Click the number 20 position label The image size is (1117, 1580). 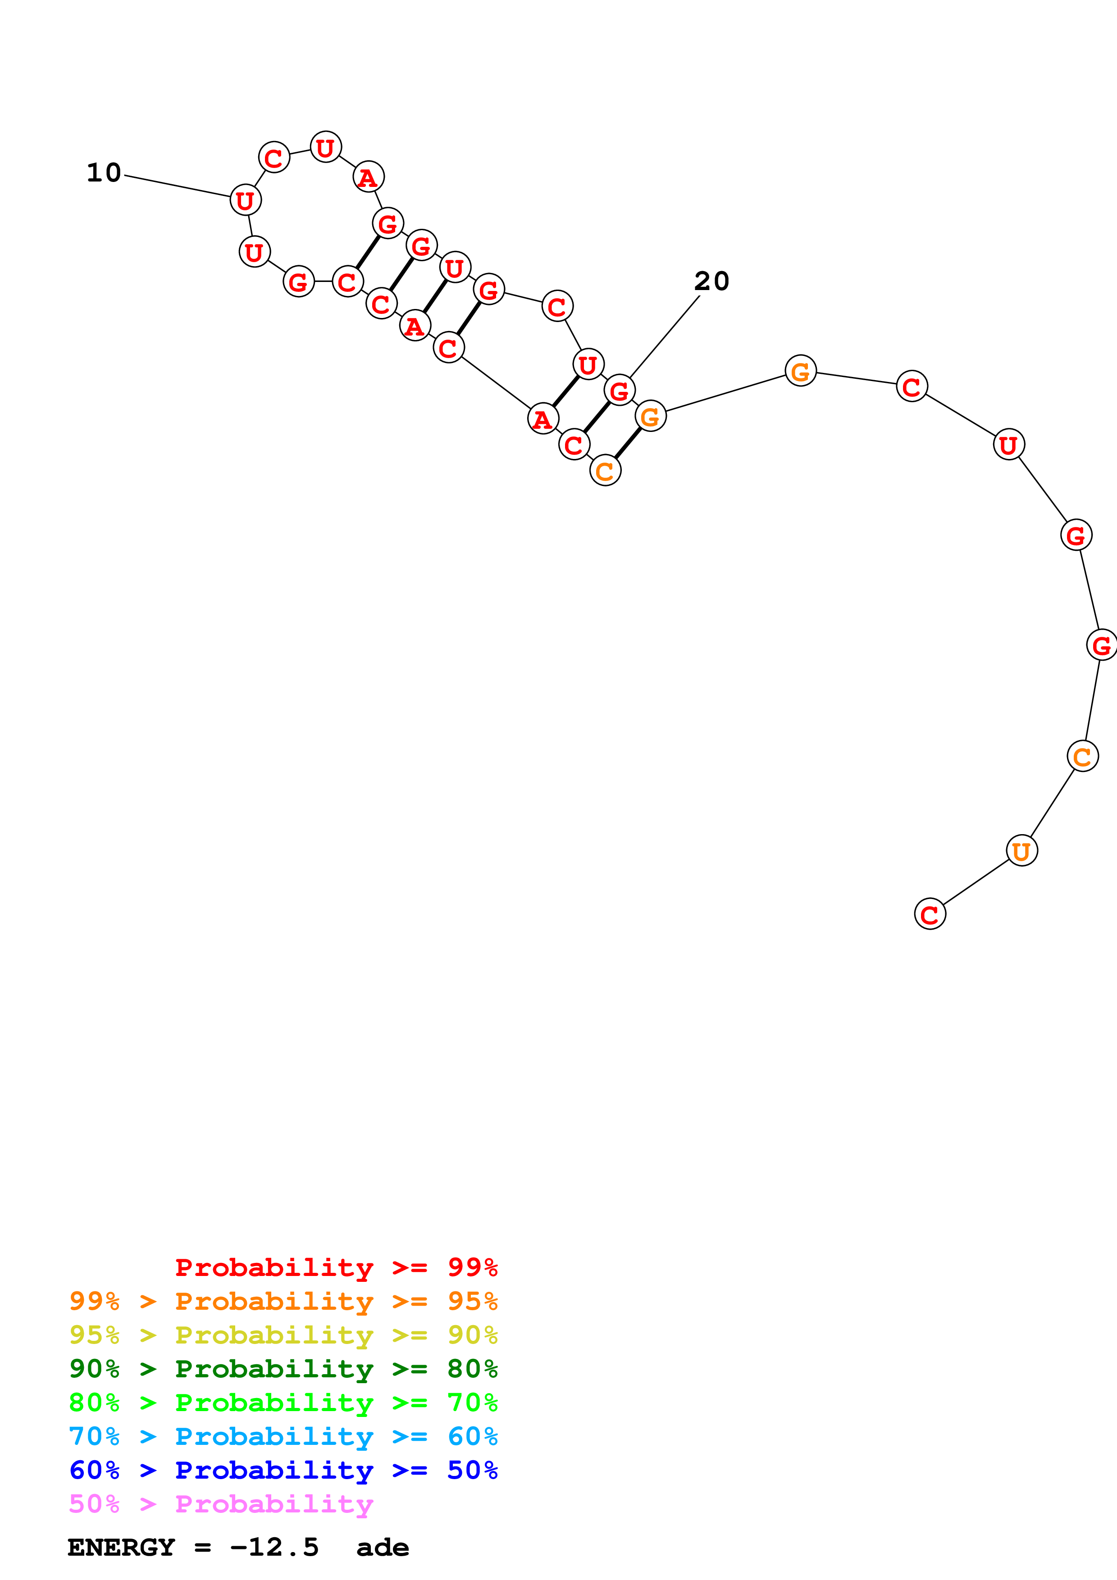pyautogui.click(x=711, y=281)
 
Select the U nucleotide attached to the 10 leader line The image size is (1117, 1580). pyautogui.click(x=246, y=200)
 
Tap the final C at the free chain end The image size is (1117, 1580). pyautogui.click(x=930, y=914)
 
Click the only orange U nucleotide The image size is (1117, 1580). pyautogui.click(x=1021, y=850)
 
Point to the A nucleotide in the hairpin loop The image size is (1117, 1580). pyautogui.click(x=368, y=177)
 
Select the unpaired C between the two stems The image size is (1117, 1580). pyautogui.click(x=557, y=306)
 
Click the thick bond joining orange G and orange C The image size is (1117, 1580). pyautogui.click(x=628, y=444)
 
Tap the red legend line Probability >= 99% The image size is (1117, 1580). pyautogui.click(x=336, y=1267)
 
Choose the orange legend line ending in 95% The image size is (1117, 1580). pyautogui.click(x=283, y=1301)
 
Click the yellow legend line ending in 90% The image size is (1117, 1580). pyautogui.click(x=283, y=1335)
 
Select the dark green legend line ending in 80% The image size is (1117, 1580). pyautogui.click(x=283, y=1369)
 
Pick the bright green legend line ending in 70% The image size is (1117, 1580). pyautogui.click(x=283, y=1403)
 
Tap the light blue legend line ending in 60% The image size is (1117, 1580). pyautogui.click(x=283, y=1436)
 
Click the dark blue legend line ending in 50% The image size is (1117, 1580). pyautogui.click(x=283, y=1470)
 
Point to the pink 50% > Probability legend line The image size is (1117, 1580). pyautogui.click(x=221, y=1503)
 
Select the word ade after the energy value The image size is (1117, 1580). pyautogui.click(x=383, y=1548)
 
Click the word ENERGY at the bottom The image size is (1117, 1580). pyautogui.click(x=121, y=1548)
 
